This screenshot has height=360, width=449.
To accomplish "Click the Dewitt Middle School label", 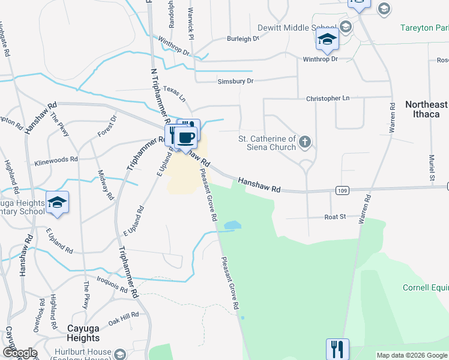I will click(297, 28).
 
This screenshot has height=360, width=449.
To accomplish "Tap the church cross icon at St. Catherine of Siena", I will click(305, 142).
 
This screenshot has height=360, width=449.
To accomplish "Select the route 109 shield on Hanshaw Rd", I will click(340, 190).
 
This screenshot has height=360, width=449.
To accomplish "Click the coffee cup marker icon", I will click(187, 137).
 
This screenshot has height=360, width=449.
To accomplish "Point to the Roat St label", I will click(335, 217).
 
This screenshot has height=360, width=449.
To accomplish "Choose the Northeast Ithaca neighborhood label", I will click(426, 109).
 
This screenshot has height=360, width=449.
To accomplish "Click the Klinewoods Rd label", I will click(56, 160).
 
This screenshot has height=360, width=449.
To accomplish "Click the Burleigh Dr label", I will click(242, 38).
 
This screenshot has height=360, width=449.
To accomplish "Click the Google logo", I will click(19, 353).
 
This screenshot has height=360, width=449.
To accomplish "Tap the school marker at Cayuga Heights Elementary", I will click(57, 203).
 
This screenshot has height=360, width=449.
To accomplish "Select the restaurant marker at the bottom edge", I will click(337, 349).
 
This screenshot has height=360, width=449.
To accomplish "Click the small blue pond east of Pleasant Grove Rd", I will click(232, 226).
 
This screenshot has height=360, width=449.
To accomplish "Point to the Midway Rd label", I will click(106, 184).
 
